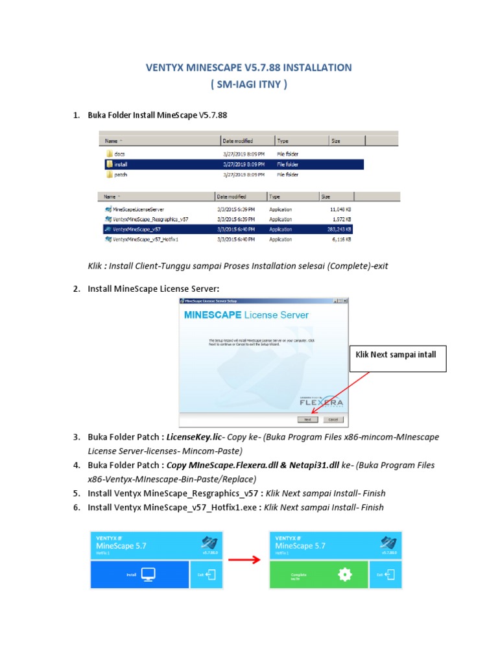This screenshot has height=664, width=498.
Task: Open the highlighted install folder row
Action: click(x=121, y=165)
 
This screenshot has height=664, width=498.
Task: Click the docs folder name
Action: click(x=119, y=154)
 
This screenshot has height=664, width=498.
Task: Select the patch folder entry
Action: click(x=121, y=175)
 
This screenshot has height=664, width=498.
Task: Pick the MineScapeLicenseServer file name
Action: click(x=138, y=209)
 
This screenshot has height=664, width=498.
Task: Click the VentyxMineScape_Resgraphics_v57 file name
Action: click(x=150, y=219)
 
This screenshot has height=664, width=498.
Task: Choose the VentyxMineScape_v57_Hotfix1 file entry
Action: click(x=145, y=239)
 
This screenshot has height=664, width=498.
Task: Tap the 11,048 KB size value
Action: click(x=339, y=209)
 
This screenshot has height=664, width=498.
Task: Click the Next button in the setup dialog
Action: click(x=308, y=420)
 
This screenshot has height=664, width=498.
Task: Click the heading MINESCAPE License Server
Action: click(x=246, y=315)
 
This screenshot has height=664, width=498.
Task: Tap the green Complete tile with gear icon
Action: click(x=318, y=574)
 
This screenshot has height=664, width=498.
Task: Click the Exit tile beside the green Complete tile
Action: click(x=386, y=574)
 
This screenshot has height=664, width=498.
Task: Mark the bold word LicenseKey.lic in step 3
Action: click(x=194, y=438)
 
